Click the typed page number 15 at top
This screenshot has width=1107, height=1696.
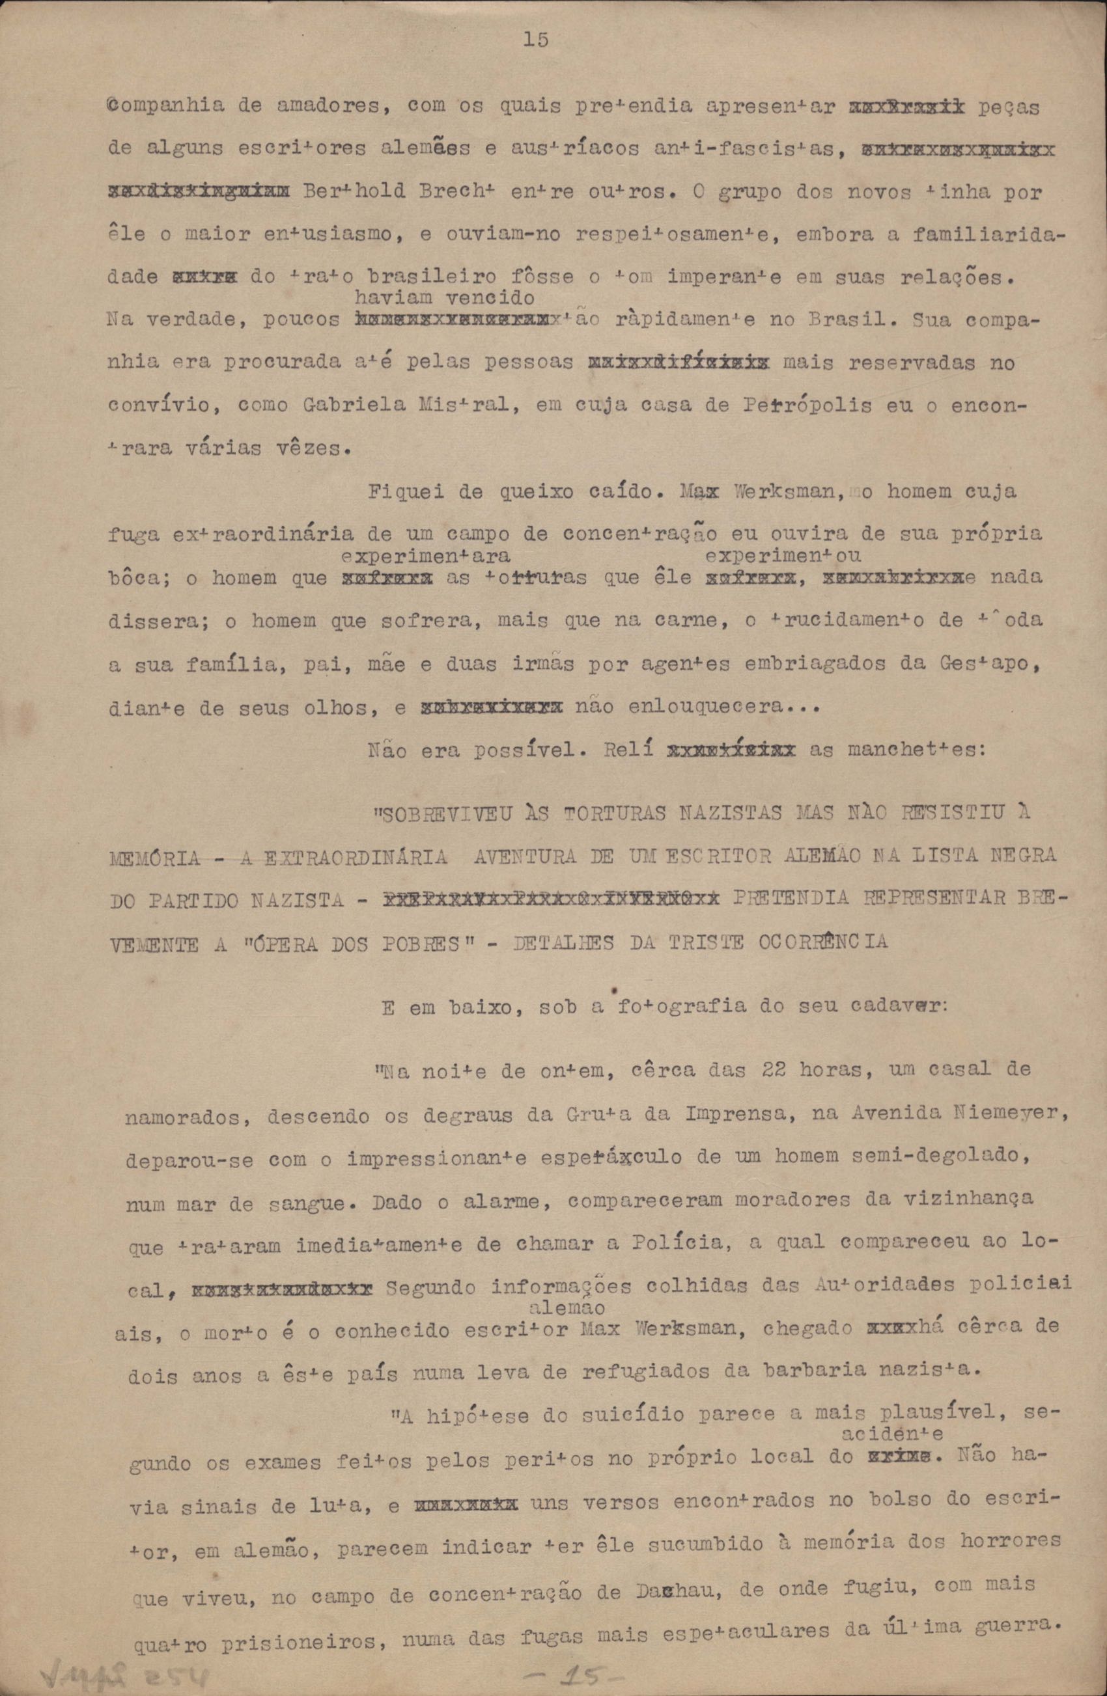pos(535,40)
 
